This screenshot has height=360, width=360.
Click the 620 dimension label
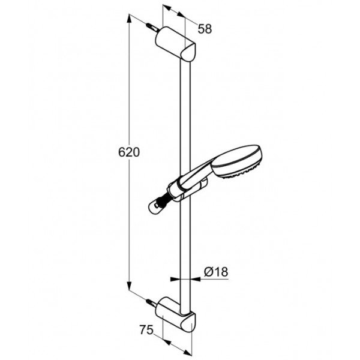(x=129, y=152)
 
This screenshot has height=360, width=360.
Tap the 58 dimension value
(x=205, y=29)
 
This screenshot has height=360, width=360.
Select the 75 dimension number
(x=146, y=330)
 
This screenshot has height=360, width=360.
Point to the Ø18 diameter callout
(x=216, y=272)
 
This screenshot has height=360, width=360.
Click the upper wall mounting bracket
(x=175, y=44)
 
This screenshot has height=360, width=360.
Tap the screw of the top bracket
(x=152, y=28)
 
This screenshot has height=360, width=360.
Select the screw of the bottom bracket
(x=152, y=303)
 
